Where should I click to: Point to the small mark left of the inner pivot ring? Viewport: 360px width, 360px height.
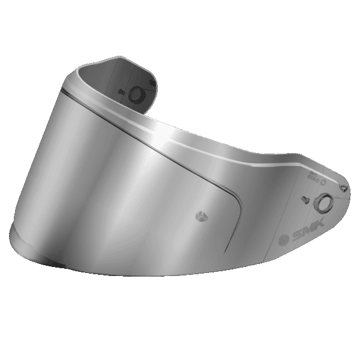coord(119,93)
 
